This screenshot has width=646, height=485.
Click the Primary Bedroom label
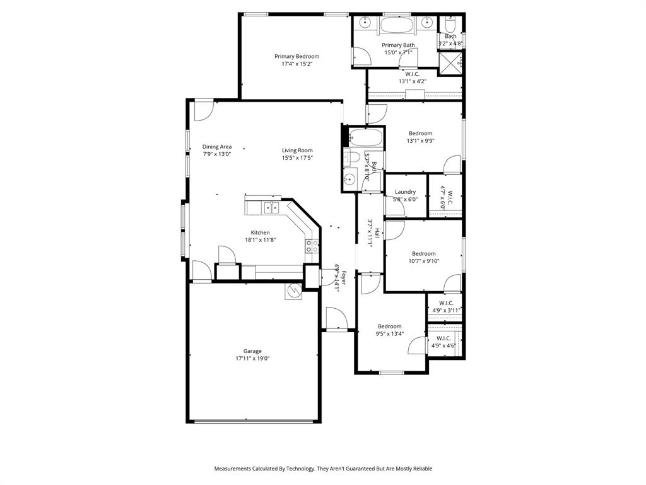tap(297, 56)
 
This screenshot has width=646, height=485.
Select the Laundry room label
tap(405, 192)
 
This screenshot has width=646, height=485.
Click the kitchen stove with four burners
tap(312, 246)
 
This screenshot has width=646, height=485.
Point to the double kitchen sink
tap(273, 207)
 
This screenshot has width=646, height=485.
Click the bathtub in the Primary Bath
tap(396, 26)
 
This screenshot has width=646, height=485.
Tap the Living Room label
tap(297, 150)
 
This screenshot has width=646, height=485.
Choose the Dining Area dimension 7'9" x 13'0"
tap(216, 154)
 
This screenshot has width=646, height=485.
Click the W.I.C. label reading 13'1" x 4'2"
tap(412, 81)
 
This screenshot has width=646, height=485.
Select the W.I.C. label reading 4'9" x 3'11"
tap(447, 311)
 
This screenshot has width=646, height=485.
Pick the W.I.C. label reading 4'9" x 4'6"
tap(443, 345)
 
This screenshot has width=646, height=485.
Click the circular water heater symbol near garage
tap(294, 291)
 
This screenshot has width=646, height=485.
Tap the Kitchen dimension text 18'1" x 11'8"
tap(261, 240)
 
